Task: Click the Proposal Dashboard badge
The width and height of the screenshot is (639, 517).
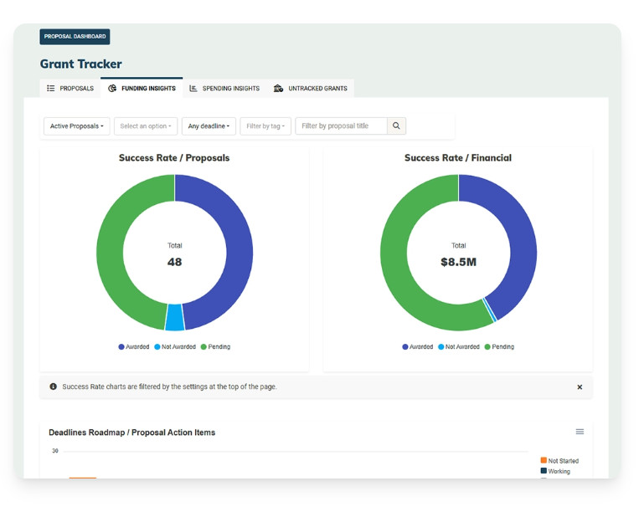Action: coord(75,37)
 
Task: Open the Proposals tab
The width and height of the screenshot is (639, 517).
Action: coord(70,89)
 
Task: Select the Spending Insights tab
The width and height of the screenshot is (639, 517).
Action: coord(224,89)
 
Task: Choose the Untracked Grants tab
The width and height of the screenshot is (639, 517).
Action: coord(311,89)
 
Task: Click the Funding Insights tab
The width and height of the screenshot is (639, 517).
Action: coord(142,88)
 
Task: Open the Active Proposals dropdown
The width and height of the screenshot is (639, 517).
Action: coord(76,126)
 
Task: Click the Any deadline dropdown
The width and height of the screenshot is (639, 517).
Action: coord(209,126)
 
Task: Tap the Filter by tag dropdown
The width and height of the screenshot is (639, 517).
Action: coord(265,126)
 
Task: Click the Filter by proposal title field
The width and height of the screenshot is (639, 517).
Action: coord(341,126)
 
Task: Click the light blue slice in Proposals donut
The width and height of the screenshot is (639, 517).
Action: coord(175,317)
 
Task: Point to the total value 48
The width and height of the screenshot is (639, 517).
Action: coord(174,262)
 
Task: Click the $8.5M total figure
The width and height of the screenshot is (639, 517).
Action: coord(458,262)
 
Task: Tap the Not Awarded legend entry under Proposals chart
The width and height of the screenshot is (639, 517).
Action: coord(175,347)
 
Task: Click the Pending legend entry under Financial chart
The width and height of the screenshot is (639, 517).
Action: coord(499,347)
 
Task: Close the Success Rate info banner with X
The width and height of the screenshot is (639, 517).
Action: coord(580,387)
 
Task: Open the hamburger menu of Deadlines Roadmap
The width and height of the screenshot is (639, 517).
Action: coord(580,432)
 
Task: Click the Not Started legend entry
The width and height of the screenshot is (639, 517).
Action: coord(559,461)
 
